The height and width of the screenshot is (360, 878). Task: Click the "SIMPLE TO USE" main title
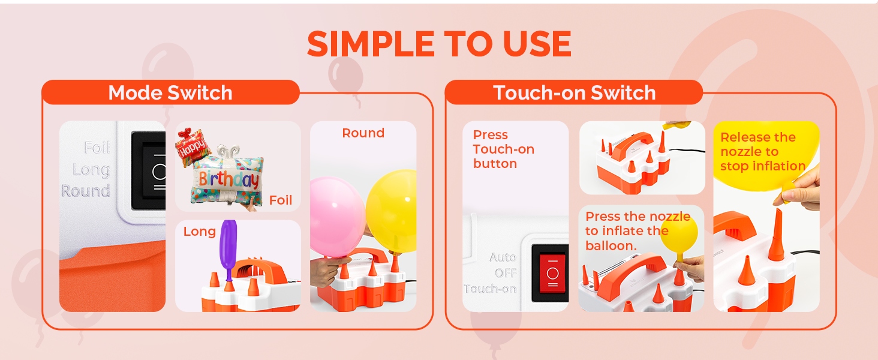pos(439,44)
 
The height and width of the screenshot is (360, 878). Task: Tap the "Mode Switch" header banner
pos(170,92)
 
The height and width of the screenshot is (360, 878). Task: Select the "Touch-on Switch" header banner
pos(574,92)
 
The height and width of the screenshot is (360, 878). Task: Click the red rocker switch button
pos(552,274)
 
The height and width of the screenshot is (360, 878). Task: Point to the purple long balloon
pos(228,247)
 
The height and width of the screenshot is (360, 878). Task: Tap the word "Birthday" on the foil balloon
pos(229,180)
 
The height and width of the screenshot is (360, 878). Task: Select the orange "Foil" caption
pos(281,200)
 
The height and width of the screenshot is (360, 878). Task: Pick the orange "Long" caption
pos(200,232)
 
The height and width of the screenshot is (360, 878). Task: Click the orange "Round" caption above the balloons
pos(363,133)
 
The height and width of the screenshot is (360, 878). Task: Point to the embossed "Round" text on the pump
pos(86,191)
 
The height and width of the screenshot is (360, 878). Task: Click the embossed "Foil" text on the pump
pos(97,148)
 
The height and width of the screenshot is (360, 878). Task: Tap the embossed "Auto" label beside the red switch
pos(503,257)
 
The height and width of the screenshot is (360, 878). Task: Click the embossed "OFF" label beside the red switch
pos(506,273)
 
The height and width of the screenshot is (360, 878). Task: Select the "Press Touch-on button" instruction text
pos(503,149)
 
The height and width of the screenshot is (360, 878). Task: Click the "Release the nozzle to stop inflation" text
pos(763,151)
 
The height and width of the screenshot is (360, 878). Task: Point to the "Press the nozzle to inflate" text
pos(638,231)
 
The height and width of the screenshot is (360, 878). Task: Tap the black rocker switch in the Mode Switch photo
pos(149,171)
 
